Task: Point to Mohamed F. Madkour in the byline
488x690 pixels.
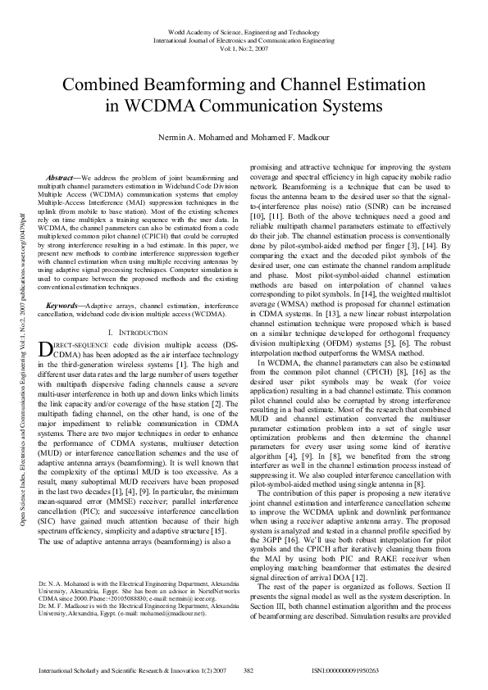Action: (x=291, y=138)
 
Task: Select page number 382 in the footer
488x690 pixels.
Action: (x=249, y=671)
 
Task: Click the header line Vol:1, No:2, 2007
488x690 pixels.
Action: (x=244, y=48)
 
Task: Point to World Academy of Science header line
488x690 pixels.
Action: (x=244, y=30)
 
